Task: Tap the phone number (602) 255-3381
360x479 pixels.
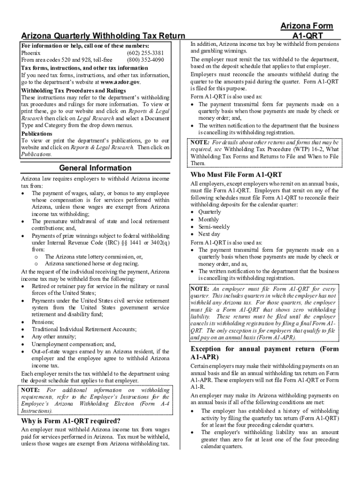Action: click(x=145, y=53)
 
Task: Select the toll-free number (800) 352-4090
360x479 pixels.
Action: click(x=145, y=60)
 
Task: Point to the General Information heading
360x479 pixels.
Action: click(x=95, y=168)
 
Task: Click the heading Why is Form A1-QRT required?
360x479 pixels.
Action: click(x=71, y=421)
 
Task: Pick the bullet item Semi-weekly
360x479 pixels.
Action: click(x=214, y=227)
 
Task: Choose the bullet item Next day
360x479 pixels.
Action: click(x=209, y=234)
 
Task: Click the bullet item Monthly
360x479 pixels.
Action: click(x=209, y=219)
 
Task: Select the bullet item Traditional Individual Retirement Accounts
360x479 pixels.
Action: click(x=84, y=329)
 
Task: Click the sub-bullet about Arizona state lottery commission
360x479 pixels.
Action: click(x=94, y=257)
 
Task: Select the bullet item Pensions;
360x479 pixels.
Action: click(x=43, y=322)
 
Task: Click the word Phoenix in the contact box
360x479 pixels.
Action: click(x=31, y=53)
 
